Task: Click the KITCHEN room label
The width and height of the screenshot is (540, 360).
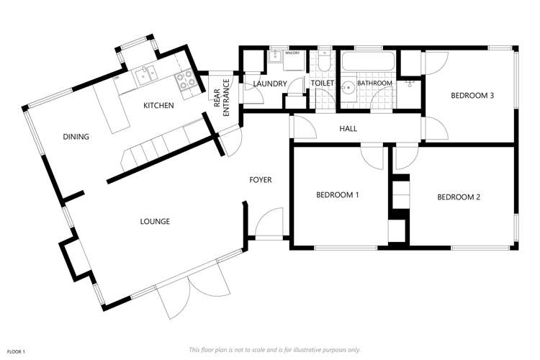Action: click(x=158, y=106)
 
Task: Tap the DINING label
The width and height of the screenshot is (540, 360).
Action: click(x=76, y=136)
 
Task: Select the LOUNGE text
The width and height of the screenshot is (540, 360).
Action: click(x=155, y=221)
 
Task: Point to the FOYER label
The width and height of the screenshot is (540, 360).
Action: click(x=261, y=179)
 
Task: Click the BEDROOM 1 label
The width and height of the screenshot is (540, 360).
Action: click(x=338, y=195)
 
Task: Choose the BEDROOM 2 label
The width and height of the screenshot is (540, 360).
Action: click(x=458, y=197)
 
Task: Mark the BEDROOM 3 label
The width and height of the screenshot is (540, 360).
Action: click(x=472, y=95)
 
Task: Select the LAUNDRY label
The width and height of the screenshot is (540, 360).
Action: click(x=270, y=84)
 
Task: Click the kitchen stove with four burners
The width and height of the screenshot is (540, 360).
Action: click(x=186, y=80)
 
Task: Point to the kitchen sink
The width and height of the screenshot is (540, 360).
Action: click(x=147, y=72)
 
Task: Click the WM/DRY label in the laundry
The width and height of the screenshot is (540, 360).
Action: click(x=292, y=53)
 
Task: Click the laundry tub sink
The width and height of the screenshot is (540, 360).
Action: click(x=274, y=58)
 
